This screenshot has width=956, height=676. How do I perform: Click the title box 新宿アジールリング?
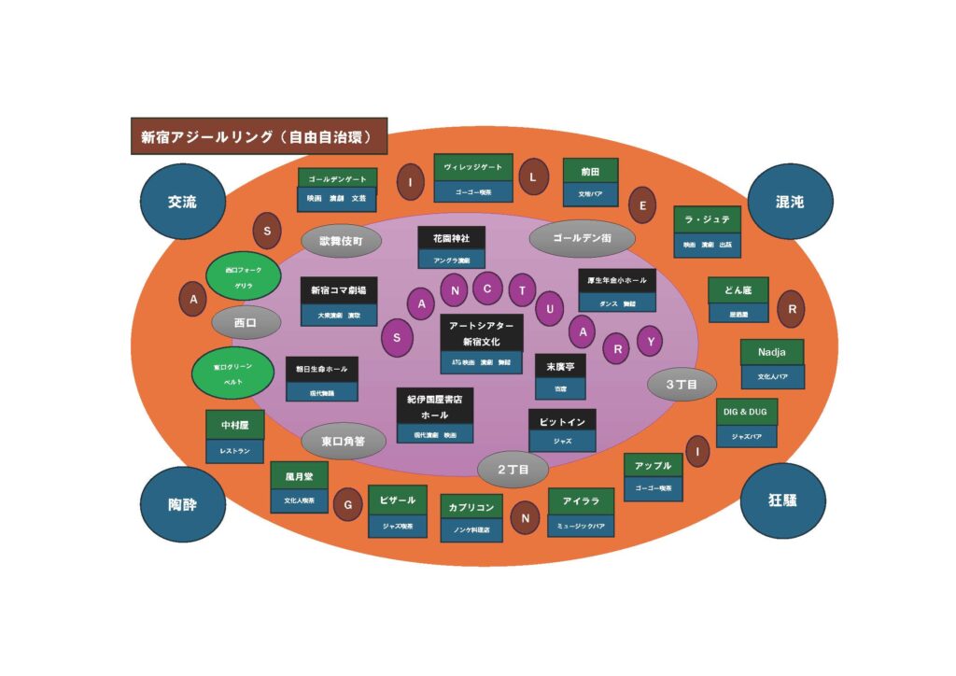pyautogui.click(x=258, y=136)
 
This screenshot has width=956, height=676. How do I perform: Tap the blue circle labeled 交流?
pyautogui.click(x=182, y=203)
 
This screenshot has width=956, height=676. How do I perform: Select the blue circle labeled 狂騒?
pyautogui.click(x=782, y=500)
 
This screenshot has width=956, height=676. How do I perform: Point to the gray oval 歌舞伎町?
pyautogui.click(x=342, y=241)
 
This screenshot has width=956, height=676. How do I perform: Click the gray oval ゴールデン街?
pyautogui.click(x=582, y=239)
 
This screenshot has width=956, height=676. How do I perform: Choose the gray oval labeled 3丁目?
pyautogui.click(x=682, y=384)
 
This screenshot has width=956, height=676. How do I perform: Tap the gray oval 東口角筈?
pyautogui.click(x=343, y=441)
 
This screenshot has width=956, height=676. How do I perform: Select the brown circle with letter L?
pyautogui.click(x=533, y=176)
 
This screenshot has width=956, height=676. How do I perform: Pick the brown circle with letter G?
pyautogui.click(x=348, y=504)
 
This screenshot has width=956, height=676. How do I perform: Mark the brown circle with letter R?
pyautogui.click(x=792, y=308)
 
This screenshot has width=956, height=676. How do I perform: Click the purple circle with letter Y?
pyautogui.click(x=650, y=342)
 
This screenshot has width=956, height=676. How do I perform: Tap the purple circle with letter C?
pyautogui.click(x=487, y=289)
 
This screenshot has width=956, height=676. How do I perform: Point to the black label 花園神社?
pyautogui.click(x=451, y=239)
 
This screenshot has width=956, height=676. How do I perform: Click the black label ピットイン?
pyautogui.click(x=562, y=422)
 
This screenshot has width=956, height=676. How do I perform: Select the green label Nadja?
pyautogui.click(x=772, y=352)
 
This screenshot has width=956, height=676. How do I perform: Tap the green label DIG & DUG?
pyautogui.click(x=747, y=411)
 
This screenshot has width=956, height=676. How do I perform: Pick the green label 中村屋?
pyautogui.click(x=235, y=425)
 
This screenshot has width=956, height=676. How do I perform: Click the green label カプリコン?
pyautogui.click(x=471, y=508)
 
